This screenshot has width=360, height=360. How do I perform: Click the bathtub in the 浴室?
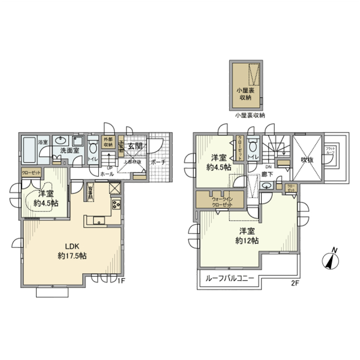point(30,149)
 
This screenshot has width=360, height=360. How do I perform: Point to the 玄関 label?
point(136,146)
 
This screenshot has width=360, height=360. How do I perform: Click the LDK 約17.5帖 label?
point(72,251)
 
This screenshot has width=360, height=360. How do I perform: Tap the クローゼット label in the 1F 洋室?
point(31,172)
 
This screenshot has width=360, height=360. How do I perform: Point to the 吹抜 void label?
point(307,160)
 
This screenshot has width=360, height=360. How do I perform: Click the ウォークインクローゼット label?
point(222,202)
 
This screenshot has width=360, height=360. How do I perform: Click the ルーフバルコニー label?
point(229,279)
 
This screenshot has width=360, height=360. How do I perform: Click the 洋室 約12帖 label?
point(246,236)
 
